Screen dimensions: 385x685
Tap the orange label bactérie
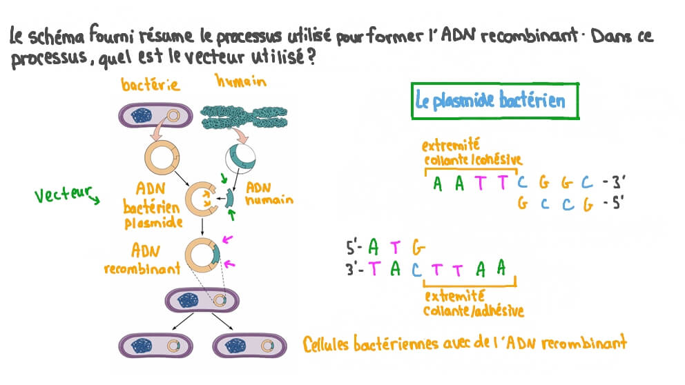(151, 85)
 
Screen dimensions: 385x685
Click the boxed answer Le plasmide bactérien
(491, 101)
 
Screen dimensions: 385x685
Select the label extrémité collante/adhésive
(473, 304)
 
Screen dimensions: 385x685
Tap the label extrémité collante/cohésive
(472, 152)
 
